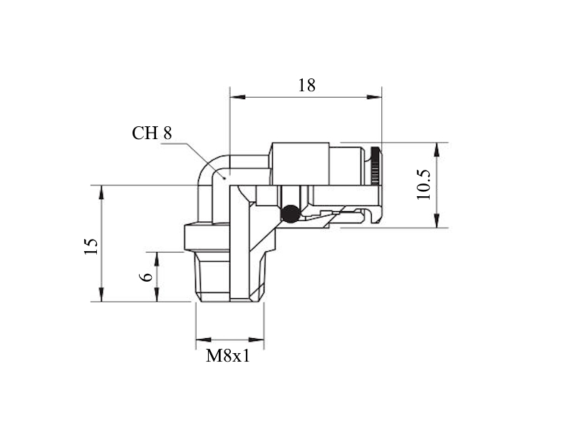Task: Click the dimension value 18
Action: point(307,86)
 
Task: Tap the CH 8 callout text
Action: point(152,133)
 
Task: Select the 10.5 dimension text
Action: point(424,185)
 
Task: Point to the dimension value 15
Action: point(91,246)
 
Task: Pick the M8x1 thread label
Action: point(228,356)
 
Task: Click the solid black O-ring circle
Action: point(290,213)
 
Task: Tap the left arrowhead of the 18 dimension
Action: point(238,97)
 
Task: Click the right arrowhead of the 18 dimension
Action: point(374,97)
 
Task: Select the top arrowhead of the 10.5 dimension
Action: point(437,151)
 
